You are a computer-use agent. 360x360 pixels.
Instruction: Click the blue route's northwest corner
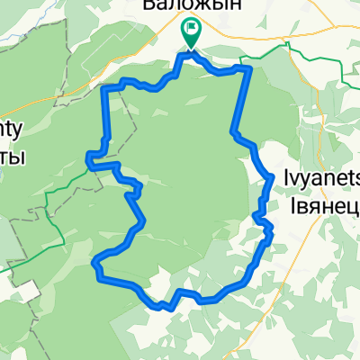pyautogui.click(x=110, y=87)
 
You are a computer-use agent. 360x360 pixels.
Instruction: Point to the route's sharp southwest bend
pyautogui.click(x=95, y=262)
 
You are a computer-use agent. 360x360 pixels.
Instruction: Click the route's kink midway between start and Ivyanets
pyautogui.click(x=235, y=134)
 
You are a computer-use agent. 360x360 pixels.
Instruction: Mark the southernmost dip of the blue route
pyautogui.click(x=167, y=307)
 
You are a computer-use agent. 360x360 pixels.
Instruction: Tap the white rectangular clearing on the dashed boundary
pyautogui.click(x=27, y=291)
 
